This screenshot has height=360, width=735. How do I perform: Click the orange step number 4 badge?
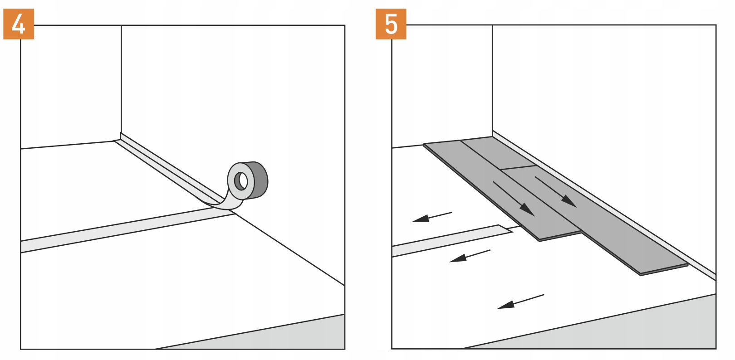point(18,24)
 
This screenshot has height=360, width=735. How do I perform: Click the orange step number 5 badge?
point(391,24)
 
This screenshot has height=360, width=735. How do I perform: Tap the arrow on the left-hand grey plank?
point(514,199)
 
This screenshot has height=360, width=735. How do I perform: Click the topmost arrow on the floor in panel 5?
point(431,217)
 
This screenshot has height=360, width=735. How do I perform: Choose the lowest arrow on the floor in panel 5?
point(520,302)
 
